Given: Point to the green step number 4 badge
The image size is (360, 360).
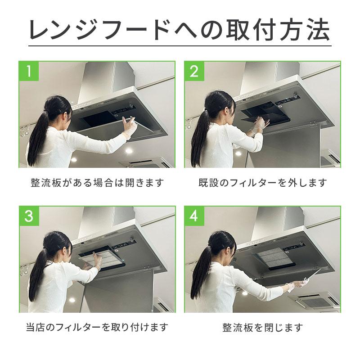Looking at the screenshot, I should (x=194, y=216).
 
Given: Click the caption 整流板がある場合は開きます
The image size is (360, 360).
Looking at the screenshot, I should (x=97, y=183).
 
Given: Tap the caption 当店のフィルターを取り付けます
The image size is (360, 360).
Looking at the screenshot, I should (x=97, y=327).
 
